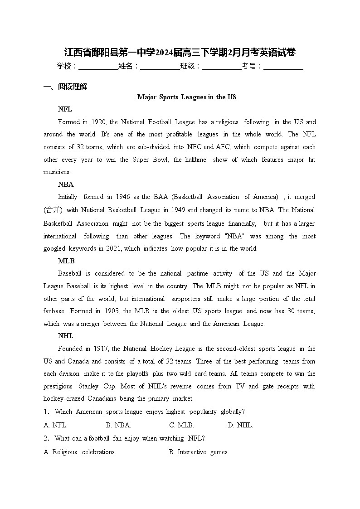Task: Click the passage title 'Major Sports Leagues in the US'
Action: click(187, 97)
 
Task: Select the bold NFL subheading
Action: click(65, 109)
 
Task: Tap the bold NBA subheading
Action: click(66, 184)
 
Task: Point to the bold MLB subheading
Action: click(66, 261)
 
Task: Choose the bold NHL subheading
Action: click(66, 336)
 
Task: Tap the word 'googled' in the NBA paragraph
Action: click(54, 248)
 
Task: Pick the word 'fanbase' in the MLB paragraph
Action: click(54, 311)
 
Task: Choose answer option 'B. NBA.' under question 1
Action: click(118, 425)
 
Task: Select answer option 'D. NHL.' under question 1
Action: click(240, 425)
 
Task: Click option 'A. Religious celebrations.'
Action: click(80, 452)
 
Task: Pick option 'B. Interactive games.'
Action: click(199, 452)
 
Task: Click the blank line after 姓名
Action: click(160, 67)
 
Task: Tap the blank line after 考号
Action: click(283, 67)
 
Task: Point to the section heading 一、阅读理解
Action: click(65, 87)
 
